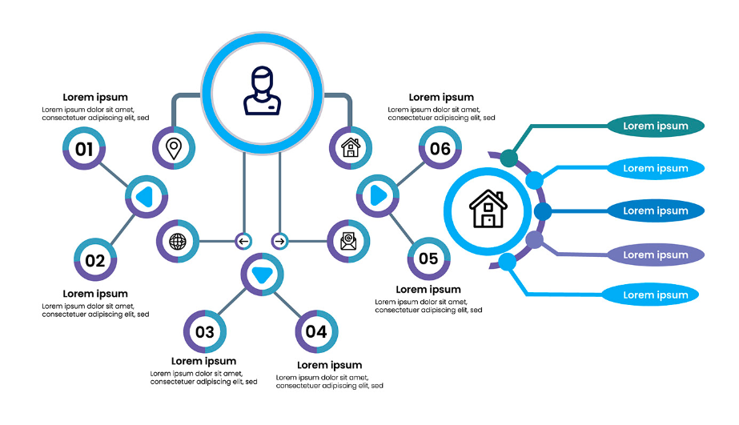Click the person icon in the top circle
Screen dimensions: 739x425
click(262, 91)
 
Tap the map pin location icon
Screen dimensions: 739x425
click(174, 149)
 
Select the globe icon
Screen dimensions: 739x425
click(178, 241)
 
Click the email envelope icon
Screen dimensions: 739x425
click(348, 241)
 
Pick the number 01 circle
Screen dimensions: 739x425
click(84, 148)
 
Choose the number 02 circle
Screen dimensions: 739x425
click(95, 259)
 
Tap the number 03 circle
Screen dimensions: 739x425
click(204, 331)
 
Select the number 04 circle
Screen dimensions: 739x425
click(316, 331)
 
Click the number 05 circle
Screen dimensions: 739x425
click(428, 259)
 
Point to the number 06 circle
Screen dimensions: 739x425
click(440, 148)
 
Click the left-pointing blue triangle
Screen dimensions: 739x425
click(145, 196)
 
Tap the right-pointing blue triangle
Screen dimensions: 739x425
click(379, 195)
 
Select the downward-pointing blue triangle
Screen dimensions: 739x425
click(262, 275)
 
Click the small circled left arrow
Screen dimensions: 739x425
click(243, 241)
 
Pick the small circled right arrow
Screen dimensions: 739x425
click(280, 241)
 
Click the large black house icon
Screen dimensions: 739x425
click(488, 209)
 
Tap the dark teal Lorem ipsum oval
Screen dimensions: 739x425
click(655, 126)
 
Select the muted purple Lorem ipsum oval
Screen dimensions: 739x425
click(655, 255)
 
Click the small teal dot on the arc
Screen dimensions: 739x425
click(508, 158)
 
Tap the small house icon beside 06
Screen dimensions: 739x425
click(351, 147)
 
